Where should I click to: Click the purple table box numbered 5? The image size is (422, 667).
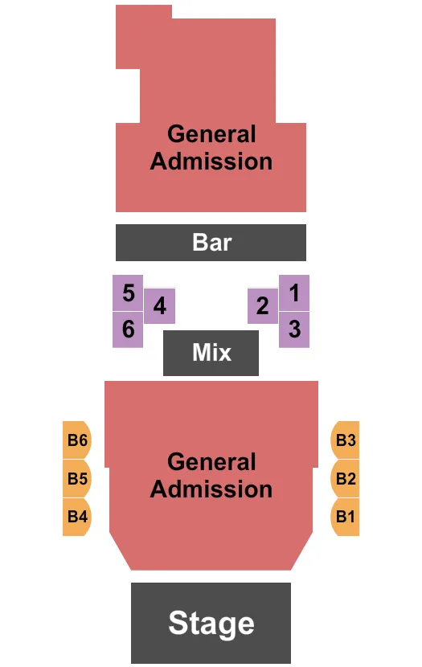pyautogui.click(x=128, y=293)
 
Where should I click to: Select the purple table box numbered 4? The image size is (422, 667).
pyautogui.click(x=159, y=306)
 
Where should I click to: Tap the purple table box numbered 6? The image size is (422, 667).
pyautogui.click(x=128, y=329)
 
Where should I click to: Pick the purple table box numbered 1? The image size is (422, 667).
pyautogui.click(x=294, y=293)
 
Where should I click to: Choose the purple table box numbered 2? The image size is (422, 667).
pyautogui.click(x=263, y=306)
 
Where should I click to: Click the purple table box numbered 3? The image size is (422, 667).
pyautogui.click(x=294, y=329)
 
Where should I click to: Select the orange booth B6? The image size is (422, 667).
pyautogui.click(x=77, y=440)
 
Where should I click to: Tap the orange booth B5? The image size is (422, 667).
pyautogui.click(x=77, y=479)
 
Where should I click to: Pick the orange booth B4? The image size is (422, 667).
pyautogui.click(x=77, y=517)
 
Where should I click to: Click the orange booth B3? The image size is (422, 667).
pyautogui.click(x=345, y=440)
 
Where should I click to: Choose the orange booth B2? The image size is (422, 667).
pyautogui.click(x=345, y=479)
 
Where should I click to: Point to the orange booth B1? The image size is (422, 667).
pyautogui.click(x=345, y=517)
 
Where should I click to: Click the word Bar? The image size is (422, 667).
pyautogui.click(x=212, y=243)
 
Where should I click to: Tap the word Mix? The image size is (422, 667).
pyautogui.click(x=212, y=353)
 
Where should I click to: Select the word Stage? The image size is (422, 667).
pyautogui.click(x=211, y=624)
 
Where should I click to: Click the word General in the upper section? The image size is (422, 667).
pyautogui.click(x=211, y=134)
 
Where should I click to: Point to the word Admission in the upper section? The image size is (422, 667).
pyautogui.click(x=211, y=162)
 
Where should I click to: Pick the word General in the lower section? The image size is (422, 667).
pyautogui.click(x=211, y=462)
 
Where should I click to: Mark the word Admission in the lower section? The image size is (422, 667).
pyautogui.click(x=211, y=489)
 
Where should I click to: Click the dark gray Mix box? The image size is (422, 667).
pyautogui.click(x=211, y=353)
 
